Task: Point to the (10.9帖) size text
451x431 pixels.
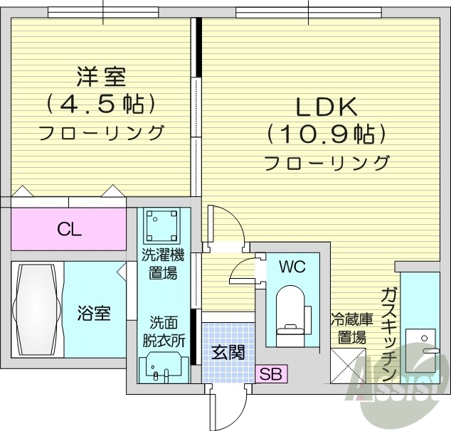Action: click(x=327, y=134)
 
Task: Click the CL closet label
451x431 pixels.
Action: click(x=69, y=230)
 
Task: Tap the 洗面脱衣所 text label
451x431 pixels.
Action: click(x=163, y=332)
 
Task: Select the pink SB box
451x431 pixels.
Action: click(x=270, y=373)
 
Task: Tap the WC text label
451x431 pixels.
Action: click(x=292, y=267)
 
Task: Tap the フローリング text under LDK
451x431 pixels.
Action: click(x=327, y=163)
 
